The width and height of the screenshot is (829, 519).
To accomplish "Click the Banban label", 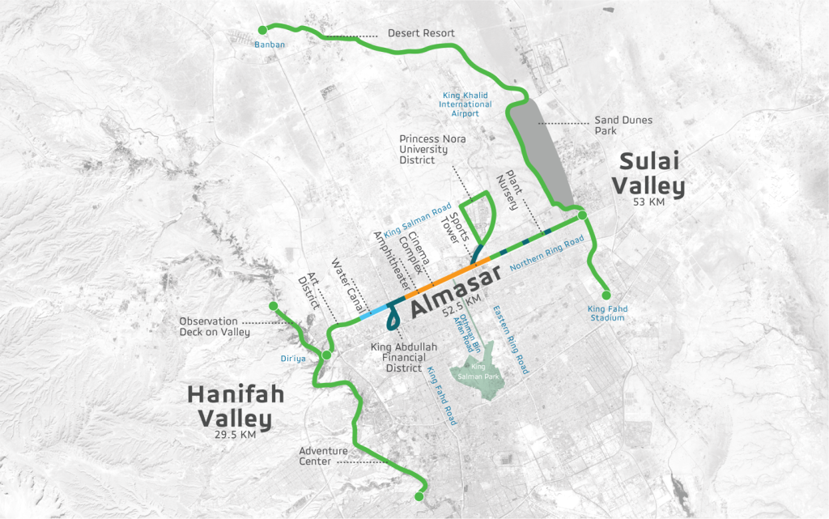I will pos(270,44).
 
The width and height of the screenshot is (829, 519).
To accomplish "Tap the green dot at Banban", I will pos(262,31).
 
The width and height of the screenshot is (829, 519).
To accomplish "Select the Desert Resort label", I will pos(421,33).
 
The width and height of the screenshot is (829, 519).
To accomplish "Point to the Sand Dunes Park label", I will pos(623,125).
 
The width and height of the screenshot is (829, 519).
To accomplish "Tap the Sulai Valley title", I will pos(648,173).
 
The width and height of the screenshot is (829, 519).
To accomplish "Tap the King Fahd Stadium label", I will pos(607,313).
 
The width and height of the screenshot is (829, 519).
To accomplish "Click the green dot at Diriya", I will pos(326,355).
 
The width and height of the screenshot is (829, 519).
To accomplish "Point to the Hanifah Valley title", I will pos(231,407).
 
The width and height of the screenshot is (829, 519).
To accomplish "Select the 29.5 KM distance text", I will pos(231,435).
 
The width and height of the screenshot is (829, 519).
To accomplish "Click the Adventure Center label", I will pos(323,457).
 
